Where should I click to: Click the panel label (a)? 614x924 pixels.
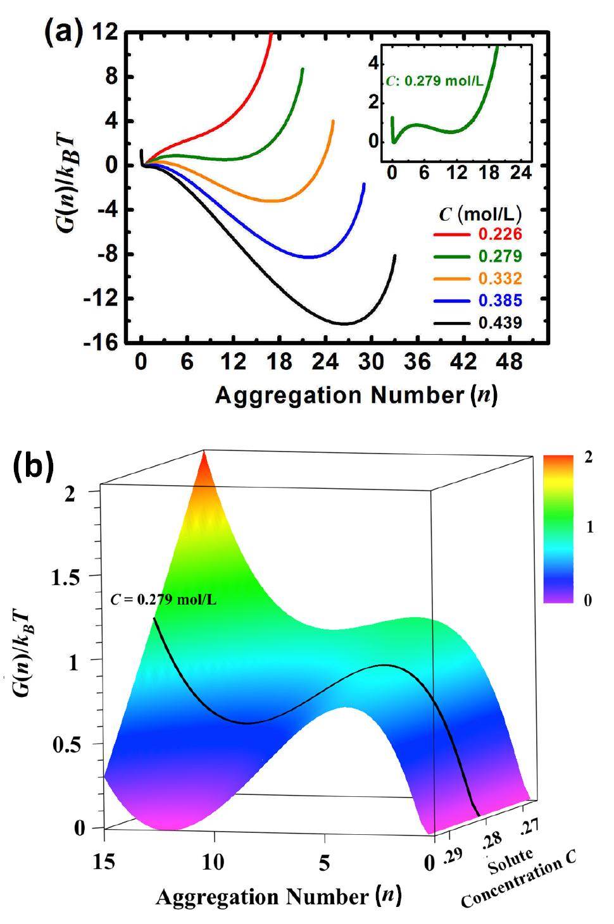pos(63,31)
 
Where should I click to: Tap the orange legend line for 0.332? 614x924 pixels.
pos(452,278)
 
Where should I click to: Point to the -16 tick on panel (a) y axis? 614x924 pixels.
pos(101,342)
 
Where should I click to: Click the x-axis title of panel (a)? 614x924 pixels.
pos(356,395)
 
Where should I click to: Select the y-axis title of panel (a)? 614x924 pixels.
pos(66,166)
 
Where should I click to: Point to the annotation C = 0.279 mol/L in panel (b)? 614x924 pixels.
pos(163,599)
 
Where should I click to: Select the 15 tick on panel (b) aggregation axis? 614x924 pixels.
pos(104,863)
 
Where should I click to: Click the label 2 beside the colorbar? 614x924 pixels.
pos(588,457)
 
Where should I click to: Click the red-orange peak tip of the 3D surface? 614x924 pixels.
pos(204,454)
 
